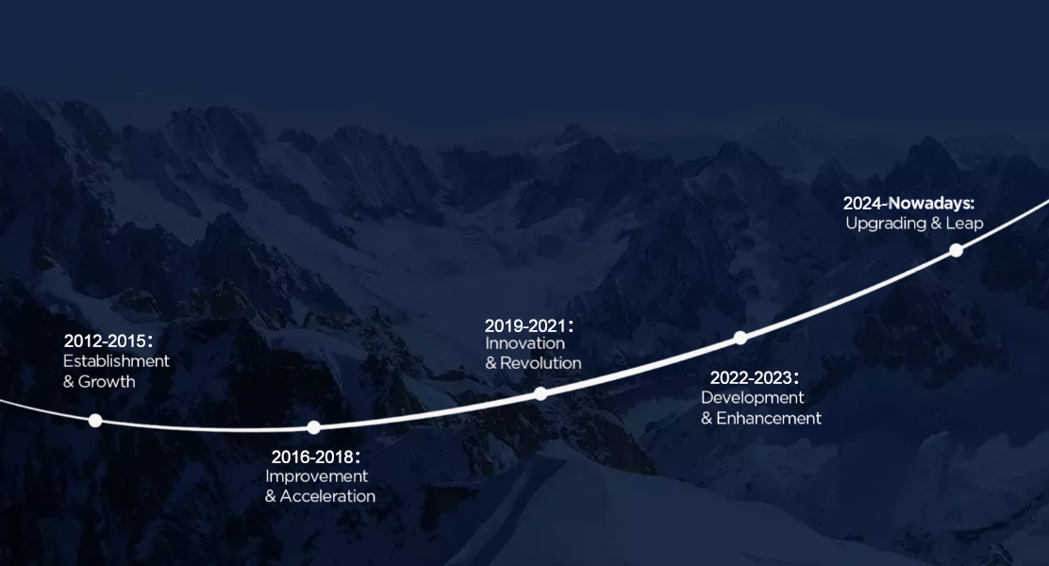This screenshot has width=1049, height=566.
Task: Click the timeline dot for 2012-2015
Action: pos(95,420)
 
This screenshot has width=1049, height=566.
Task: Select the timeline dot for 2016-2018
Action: pos(314,427)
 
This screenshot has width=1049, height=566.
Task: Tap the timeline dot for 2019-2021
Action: pos(541,394)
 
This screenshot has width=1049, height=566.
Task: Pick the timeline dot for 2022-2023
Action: pos(741,338)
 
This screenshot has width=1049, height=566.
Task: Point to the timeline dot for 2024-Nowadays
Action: pos(957,250)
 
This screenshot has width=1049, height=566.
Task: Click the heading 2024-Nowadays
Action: pos(908,203)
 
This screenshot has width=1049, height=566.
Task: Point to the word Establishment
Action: pos(116,361)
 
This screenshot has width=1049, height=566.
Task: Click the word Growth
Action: pos(107,381)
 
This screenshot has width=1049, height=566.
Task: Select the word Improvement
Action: pos(316,476)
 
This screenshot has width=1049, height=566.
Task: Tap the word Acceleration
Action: pos(328,496)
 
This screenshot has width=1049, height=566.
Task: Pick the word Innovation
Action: pos(525,343)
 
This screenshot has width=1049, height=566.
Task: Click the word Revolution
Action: pos(541,363)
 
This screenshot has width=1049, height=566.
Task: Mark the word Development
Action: pos(753,398)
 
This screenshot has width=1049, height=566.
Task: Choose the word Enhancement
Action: pos(769,418)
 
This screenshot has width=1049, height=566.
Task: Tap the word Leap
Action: pos(965,224)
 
